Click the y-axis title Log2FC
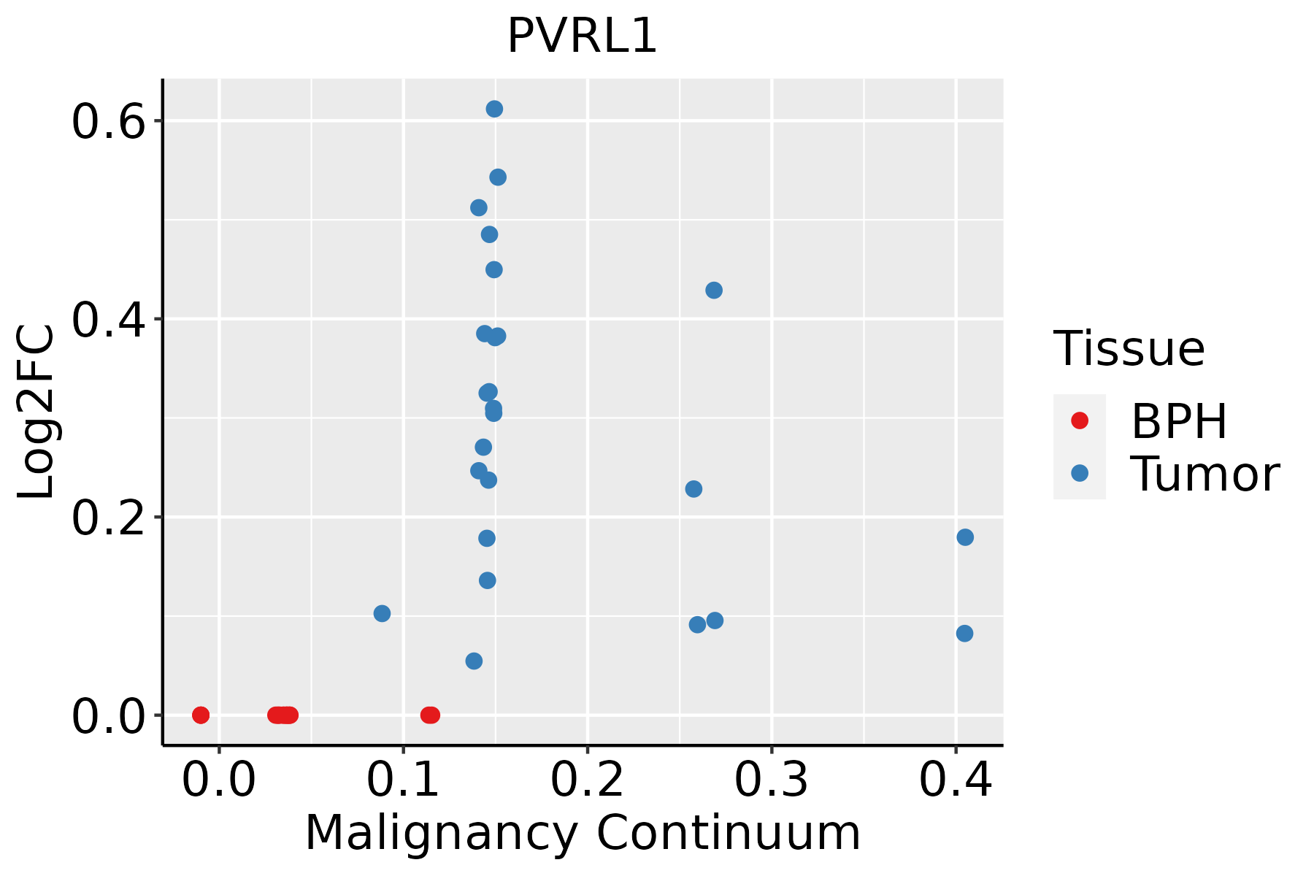click(36, 412)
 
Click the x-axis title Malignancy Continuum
click(582, 833)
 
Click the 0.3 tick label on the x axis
click(771, 780)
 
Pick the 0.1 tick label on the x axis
click(403, 780)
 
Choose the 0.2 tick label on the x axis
click(587, 780)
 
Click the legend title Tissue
click(1129, 349)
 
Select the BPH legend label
click(1179, 421)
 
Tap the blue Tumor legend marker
click(1079, 473)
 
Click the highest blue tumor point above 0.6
click(494, 109)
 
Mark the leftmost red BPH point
click(201, 715)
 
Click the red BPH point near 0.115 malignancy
click(431, 715)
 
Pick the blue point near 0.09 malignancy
click(382, 613)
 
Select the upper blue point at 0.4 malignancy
click(965, 537)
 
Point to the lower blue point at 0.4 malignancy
click(964, 633)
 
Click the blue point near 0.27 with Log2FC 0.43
click(714, 291)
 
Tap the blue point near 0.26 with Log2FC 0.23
click(693, 488)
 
